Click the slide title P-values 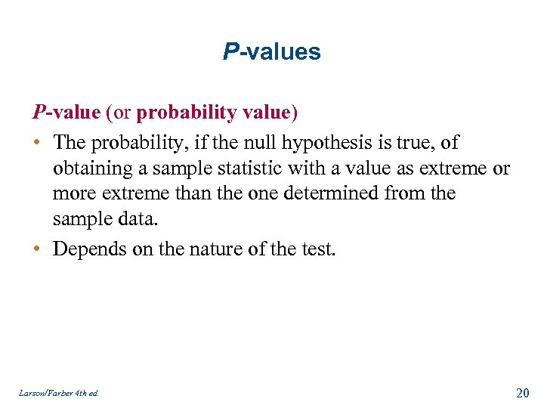tap(272, 52)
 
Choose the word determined tap(366, 193)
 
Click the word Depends tap(85, 249)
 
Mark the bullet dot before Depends tap(37, 249)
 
